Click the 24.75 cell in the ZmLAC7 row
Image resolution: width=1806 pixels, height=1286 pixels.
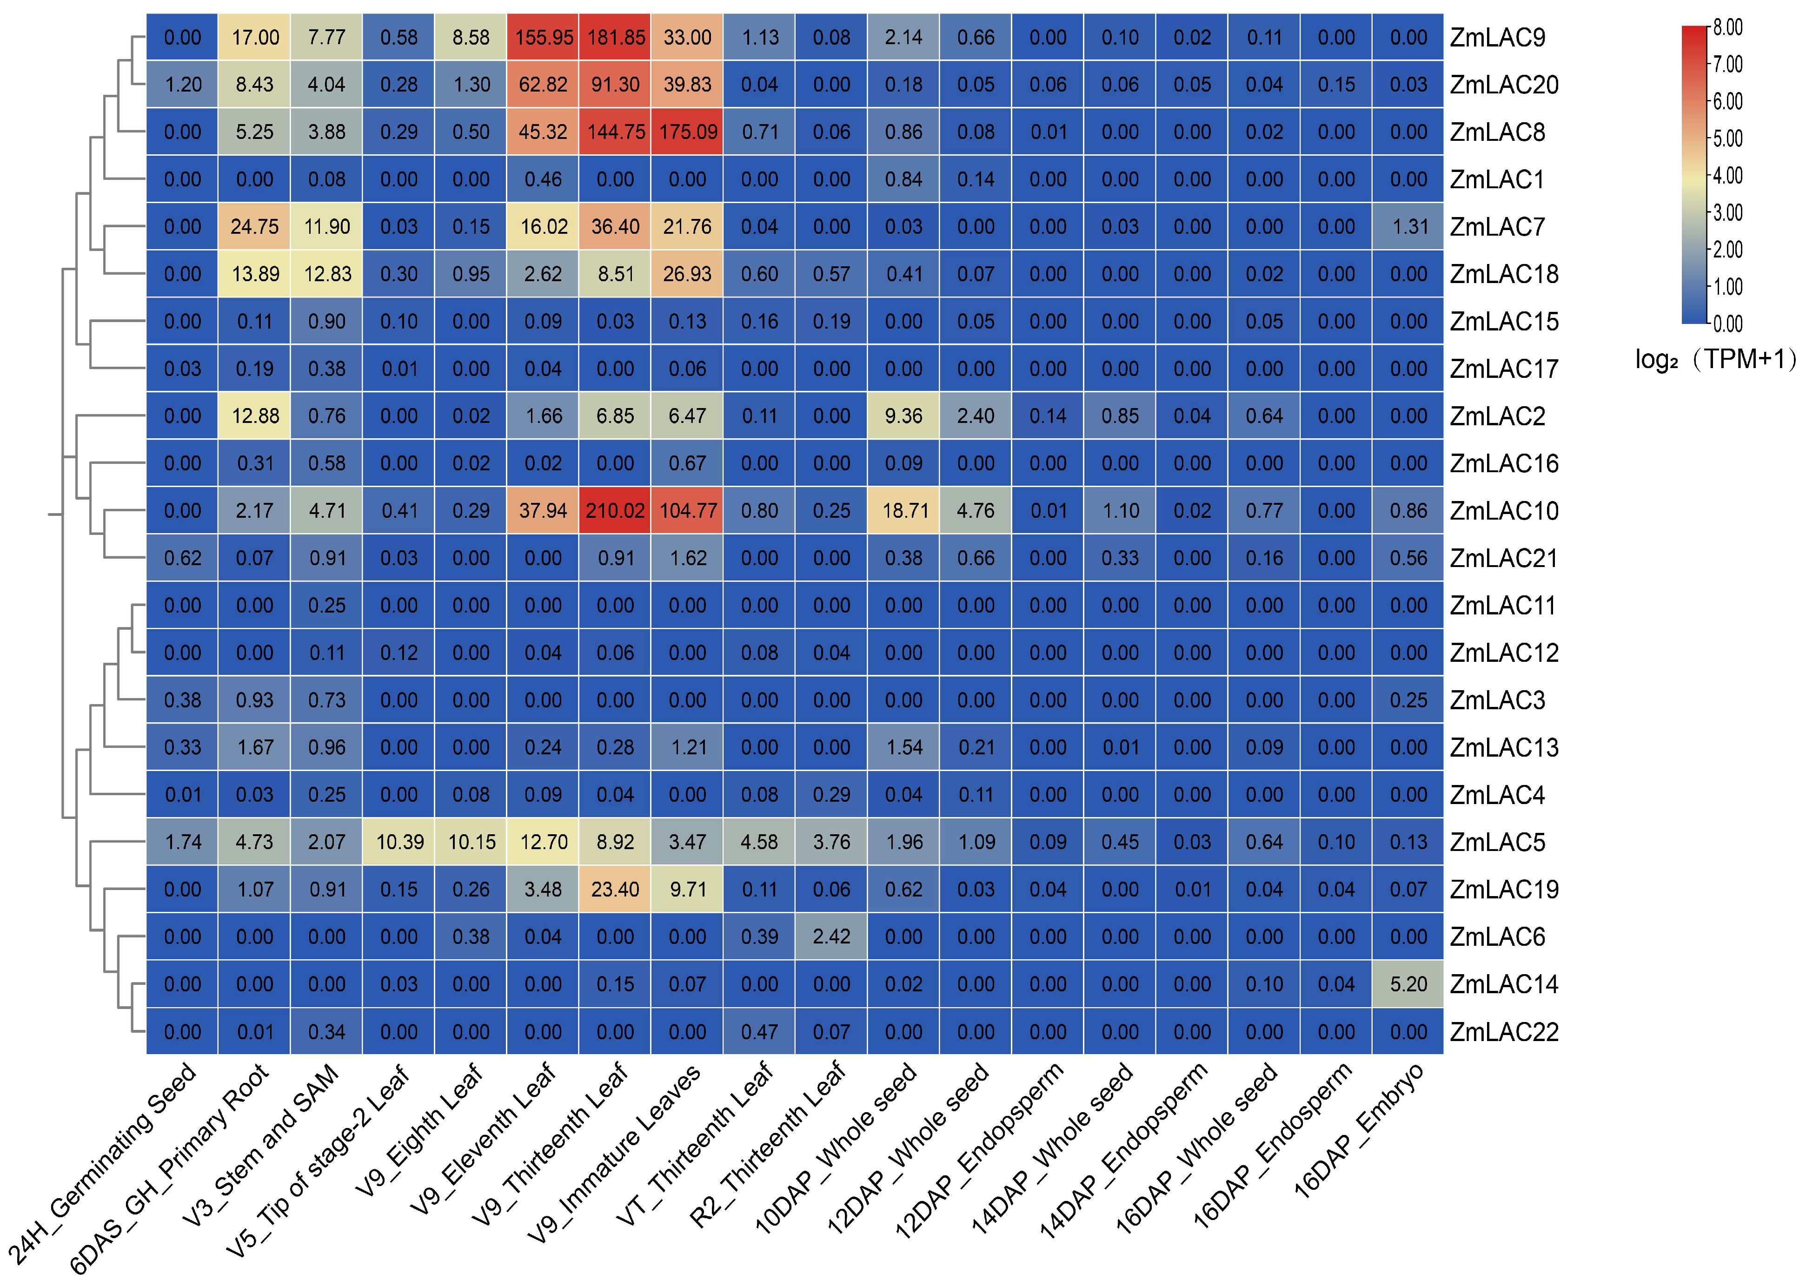tap(254, 226)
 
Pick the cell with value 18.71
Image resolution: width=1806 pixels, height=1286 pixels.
tap(904, 511)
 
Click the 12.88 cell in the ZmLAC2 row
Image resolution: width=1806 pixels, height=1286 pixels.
tap(254, 416)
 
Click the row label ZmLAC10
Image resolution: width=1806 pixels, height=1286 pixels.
tap(1503, 511)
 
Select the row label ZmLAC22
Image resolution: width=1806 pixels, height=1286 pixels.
tap(1503, 1032)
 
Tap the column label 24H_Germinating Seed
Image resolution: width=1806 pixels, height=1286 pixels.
tap(103, 1164)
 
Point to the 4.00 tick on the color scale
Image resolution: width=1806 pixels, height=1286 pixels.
tap(1727, 176)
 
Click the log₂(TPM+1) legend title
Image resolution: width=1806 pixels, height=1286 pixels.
tap(1715, 360)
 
